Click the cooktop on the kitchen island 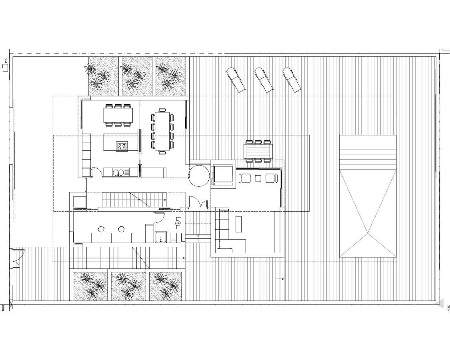click(122, 146)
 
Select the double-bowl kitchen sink click(118, 172)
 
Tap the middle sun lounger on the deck click(264, 80)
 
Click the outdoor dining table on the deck click(258, 152)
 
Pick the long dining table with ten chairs click(162, 130)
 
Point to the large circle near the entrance click(199, 176)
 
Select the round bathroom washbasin click(178, 221)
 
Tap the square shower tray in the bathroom click(161, 237)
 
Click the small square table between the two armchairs click(258, 178)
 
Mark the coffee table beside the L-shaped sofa click(239, 224)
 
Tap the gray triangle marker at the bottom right click(440, 303)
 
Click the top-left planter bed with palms click(102, 76)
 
